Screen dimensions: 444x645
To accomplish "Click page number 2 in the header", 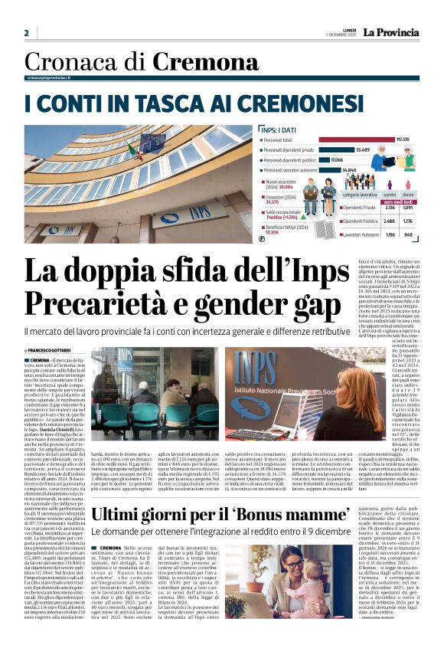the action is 26,33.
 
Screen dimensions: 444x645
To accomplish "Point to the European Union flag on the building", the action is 151,142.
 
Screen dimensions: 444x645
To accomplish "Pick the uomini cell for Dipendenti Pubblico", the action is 390,221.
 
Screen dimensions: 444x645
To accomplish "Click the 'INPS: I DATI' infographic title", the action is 279,129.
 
